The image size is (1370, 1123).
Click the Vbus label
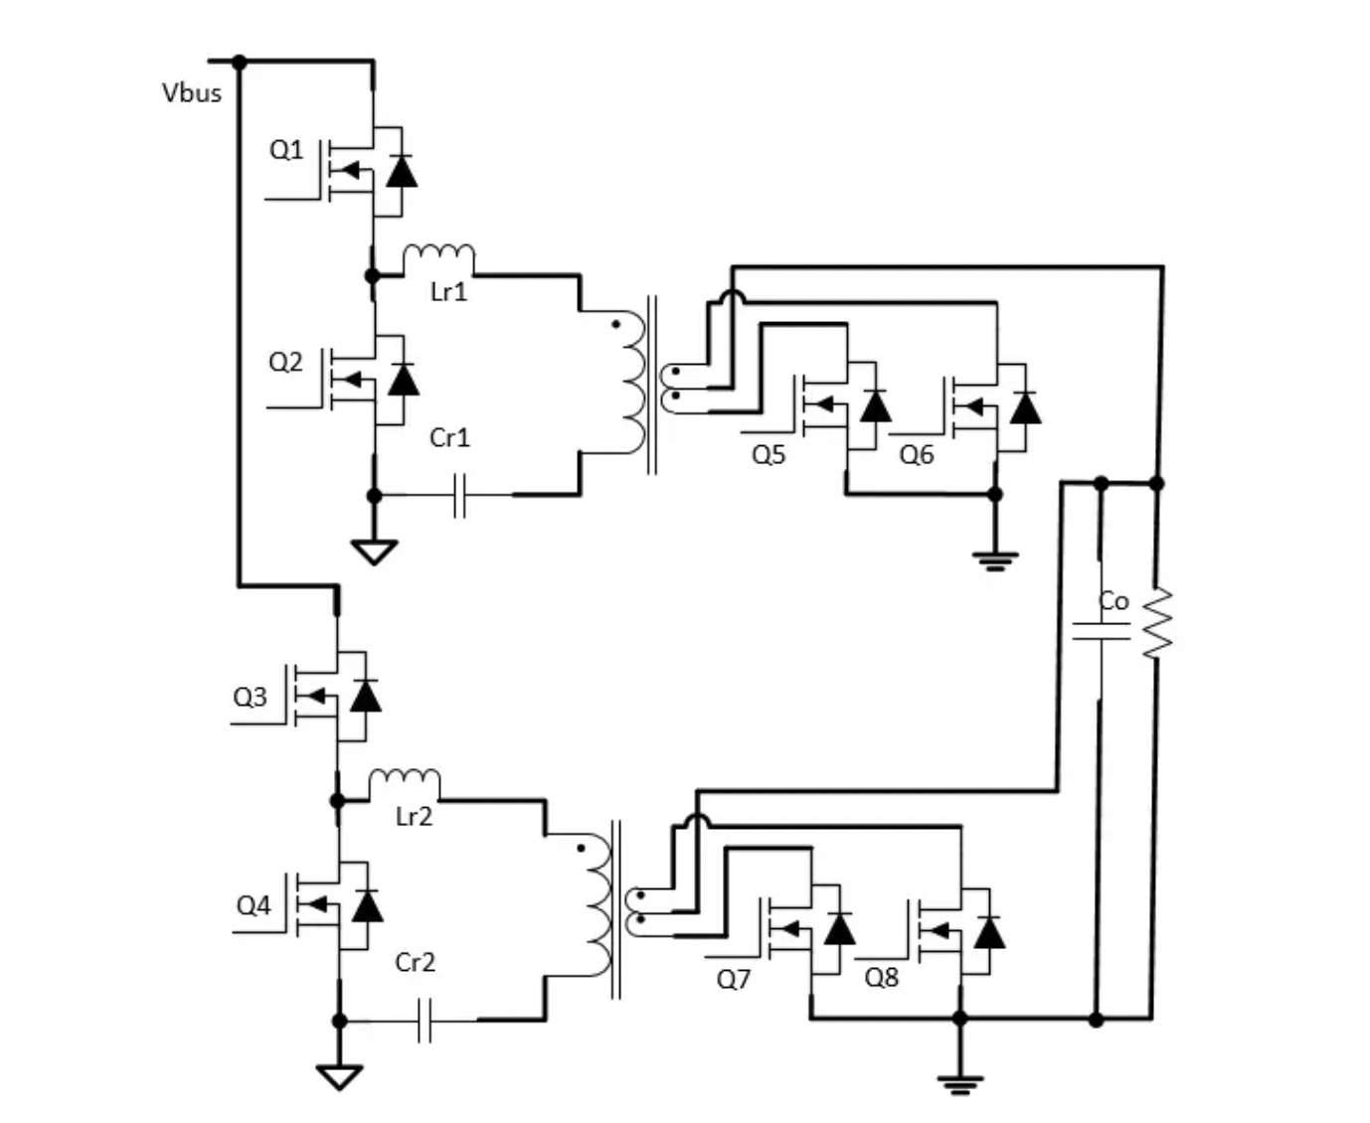pos(192,93)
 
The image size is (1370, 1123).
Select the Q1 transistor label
pos(286,150)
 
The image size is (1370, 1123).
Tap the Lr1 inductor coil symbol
pos(438,256)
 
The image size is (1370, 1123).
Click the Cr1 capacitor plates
pos(458,494)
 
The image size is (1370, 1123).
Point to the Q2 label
pos(285,362)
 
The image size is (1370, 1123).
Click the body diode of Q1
pos(402,172)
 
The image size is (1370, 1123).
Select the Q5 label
pos(769,455)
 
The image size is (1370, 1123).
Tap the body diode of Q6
pos(1025,407)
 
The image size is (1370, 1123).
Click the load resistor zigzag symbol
pos(1157,622)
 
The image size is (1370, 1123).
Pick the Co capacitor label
pos(1113,601)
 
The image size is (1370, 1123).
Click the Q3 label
pos(250,697)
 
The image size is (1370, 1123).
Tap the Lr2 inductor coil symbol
pos(405,781)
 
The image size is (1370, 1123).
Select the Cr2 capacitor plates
pos(425,1020)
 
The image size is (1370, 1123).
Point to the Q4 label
pos(253,905)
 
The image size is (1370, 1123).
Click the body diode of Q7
pos(840,929)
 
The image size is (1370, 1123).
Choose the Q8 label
pos(882,978)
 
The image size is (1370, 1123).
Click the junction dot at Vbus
pos(240,62)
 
